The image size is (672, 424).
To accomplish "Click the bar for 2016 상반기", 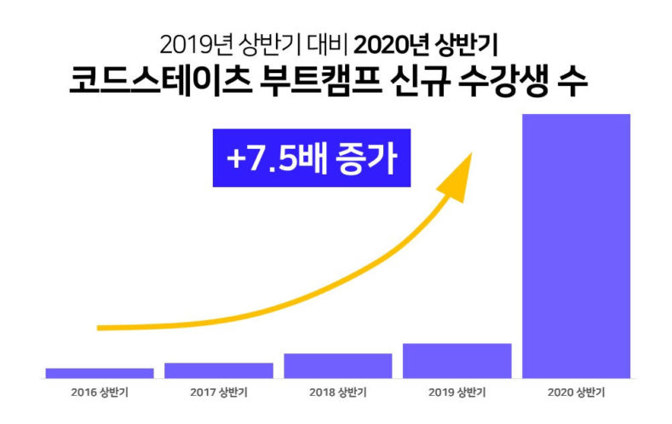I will click(100, 373).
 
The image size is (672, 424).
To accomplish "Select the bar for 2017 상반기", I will click(219, 370).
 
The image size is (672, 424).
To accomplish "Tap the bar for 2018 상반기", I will click(338, 365).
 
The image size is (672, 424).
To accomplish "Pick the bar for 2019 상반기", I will click(457, 360).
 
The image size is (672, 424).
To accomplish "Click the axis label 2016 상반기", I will click(100, 394).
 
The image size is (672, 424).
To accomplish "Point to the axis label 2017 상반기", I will click(219, 394).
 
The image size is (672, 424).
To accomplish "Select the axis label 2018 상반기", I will click(338, 394).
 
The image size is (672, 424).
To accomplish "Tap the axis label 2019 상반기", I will click(457, 394).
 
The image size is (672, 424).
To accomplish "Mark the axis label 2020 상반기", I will click(577, 394).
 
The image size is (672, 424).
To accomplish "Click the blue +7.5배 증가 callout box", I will click(311, 158).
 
